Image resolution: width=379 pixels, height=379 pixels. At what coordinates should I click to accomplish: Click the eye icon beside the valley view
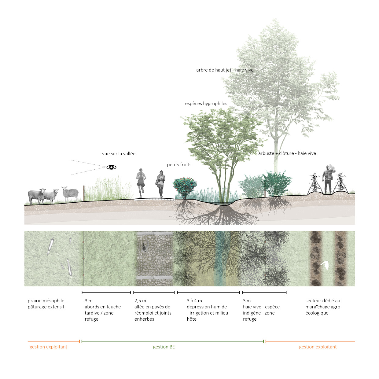[x=111, y=167]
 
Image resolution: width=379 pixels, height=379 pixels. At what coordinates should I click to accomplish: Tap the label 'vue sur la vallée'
[x=119, y=154]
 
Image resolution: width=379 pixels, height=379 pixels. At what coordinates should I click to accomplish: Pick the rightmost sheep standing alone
[x=70, y=193]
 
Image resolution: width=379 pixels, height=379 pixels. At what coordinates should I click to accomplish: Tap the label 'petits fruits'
[x=179, y=165]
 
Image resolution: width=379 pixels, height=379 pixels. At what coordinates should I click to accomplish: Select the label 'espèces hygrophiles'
[x=206, y=104]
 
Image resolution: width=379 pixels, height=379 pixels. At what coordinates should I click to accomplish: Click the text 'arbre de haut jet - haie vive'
[x=225, y=70]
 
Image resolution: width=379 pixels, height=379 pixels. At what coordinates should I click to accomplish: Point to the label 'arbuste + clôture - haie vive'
[x=287, y=153]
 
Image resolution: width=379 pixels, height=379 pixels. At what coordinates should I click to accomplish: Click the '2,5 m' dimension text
[x=140, y=301]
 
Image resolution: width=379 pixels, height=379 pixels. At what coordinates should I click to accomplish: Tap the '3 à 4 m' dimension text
[x=194, y=301]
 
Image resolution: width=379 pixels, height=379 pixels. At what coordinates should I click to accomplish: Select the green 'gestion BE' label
[x=164, y=347]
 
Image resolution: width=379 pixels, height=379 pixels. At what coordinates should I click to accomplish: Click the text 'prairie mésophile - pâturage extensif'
[x=47, y=304]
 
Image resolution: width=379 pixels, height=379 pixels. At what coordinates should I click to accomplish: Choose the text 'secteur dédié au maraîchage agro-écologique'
[x=323, y=307]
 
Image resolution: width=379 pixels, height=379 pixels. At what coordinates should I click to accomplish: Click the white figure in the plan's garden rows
[x=324, y=265]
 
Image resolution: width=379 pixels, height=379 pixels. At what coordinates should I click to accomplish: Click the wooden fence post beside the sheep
[x=84, y=193]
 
